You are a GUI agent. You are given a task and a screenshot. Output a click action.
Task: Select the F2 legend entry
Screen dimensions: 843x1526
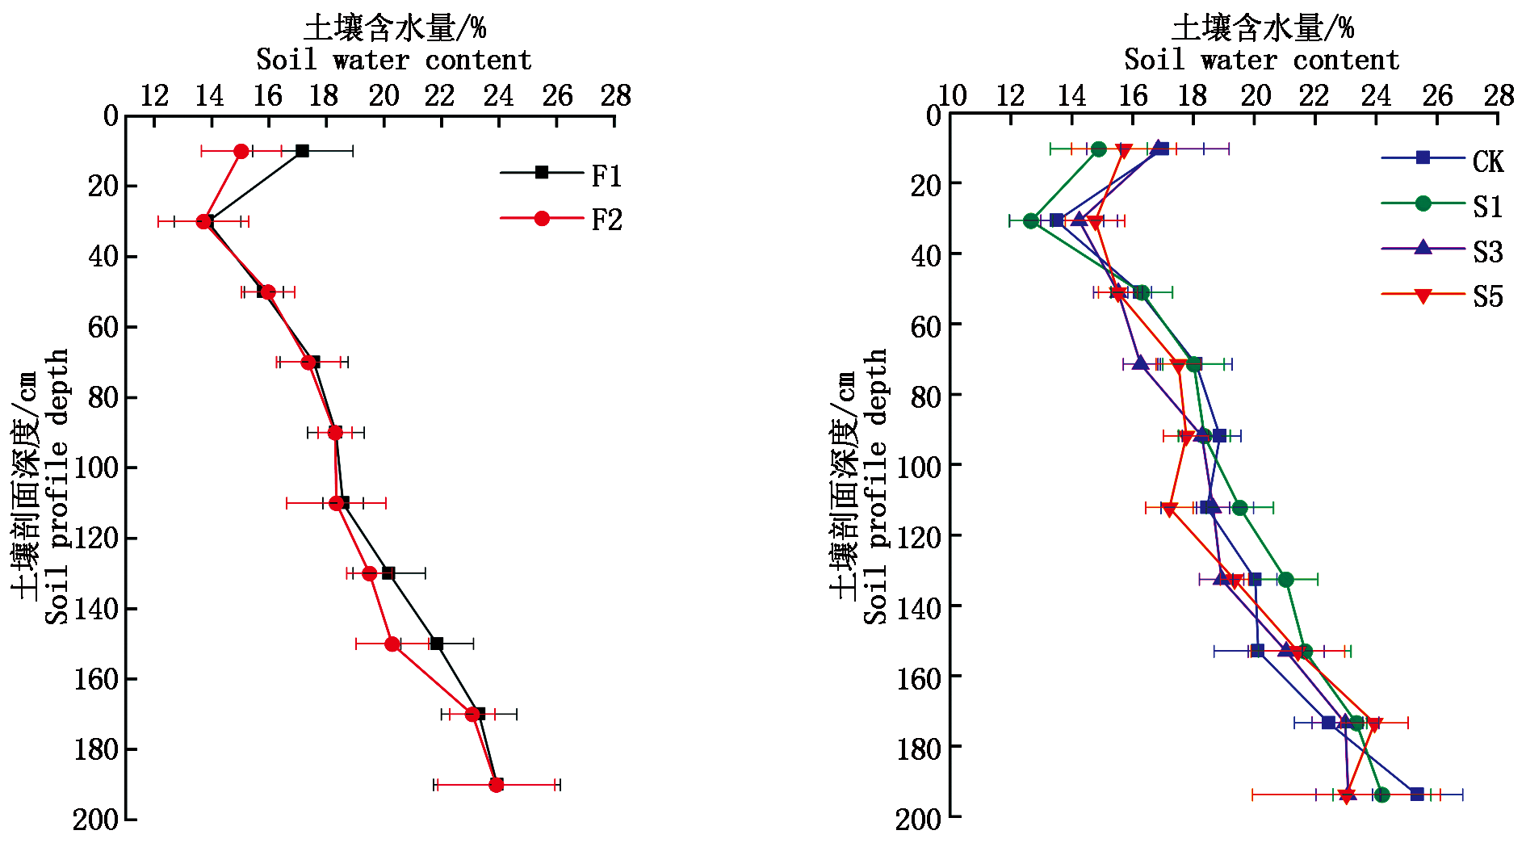pos(561,219)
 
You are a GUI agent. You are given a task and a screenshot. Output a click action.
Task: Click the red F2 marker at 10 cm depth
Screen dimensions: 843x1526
pos(241,151)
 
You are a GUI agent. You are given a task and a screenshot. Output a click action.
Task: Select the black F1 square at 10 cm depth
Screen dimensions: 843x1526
pos(302,151)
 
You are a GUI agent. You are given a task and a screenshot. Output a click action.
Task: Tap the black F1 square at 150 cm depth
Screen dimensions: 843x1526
pos(437,644)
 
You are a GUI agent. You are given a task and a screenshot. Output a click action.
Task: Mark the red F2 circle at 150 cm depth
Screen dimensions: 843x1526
pos(392,644)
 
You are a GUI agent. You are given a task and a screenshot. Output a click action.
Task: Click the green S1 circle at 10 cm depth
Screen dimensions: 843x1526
pos(1099,149)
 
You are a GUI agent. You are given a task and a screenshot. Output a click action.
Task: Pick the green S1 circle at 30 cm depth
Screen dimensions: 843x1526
pos(1031,220)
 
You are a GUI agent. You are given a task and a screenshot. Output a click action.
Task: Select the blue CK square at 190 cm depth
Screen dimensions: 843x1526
pos(1417,795)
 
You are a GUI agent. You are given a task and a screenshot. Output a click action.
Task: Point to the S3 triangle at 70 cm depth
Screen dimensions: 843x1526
pos(1140,364)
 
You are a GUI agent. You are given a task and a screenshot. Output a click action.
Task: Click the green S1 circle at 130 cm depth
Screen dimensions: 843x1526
pos(1286,580)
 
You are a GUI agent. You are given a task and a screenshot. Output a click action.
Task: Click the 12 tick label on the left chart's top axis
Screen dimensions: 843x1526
pos(154,96)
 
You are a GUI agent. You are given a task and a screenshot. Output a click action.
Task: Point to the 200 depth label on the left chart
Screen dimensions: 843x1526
pos(95,820)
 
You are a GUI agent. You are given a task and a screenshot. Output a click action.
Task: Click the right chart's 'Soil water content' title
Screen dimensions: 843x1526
pos(1261,60)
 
